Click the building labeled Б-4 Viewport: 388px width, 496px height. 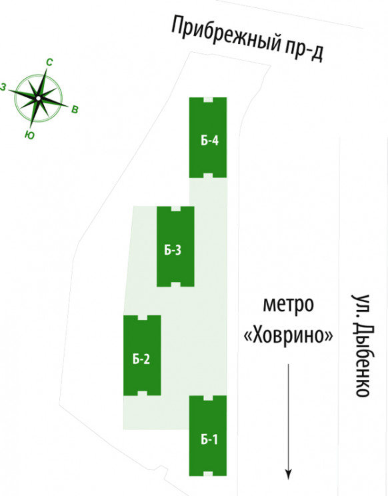coord(208,137)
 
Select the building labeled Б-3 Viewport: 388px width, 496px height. coord(175,247)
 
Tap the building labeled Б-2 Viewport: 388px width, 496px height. coord(142,355)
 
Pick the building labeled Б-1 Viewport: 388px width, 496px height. coord(208,436)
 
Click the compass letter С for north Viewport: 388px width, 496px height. coord(49,62)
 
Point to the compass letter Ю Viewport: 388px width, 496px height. coord(29,135)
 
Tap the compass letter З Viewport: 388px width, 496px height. coord(3,87)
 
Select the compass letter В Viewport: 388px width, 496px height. coord(75,110)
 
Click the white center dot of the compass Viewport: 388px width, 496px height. coord(38,99)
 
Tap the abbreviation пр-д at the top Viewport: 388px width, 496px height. coord(304,51)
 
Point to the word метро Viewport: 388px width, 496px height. coord(289,304)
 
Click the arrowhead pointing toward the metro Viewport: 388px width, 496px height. coord(289,475)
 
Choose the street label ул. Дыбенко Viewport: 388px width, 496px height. coord(361,345)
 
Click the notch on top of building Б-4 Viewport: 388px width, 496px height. coord(208,99)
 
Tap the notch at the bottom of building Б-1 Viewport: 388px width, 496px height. coord(208,474)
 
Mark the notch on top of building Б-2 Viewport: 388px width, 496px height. coord(142,317)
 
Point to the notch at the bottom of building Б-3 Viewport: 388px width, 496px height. coord(175,285)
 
